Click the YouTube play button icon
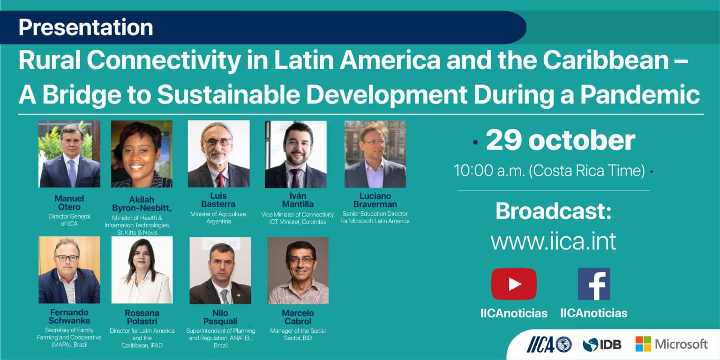coord(514,284)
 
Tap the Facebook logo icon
coord(594,284)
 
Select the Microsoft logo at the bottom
coord(671,344)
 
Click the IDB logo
coord(602,345)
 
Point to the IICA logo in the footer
coord(549,344)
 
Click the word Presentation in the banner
coord(85,27)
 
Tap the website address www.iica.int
coord(553,241)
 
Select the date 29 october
coord(561,141)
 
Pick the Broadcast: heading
coord(553,211)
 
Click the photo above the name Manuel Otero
coord(69,154)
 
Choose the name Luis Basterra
coord(218,200)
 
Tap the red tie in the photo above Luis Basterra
coord(221,180)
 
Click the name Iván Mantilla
coord(298,200)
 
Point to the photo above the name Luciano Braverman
coord(375,154)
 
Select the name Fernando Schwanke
coord(69,316)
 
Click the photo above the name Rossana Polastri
coord(142,270)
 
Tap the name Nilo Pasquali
coord(220,317)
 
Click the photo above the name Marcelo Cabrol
coord(298,270)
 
